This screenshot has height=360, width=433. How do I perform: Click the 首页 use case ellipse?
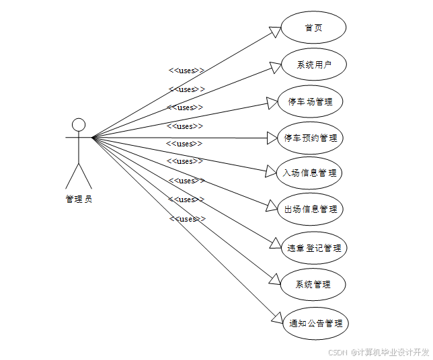pyautogui.click(x=313, y=28)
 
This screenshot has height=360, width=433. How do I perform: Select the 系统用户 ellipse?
pyautogui.click(x=313, y=65)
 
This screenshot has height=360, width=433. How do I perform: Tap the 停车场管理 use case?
pyautogui.click(x=310, y=102)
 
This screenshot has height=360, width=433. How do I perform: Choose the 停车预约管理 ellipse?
pyautogui.click(x=310, y=138)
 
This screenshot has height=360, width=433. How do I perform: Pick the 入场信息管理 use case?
pyautogui.click(x=310, y=173)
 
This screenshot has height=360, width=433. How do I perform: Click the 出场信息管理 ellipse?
pyautogui.click(x=310, y=209)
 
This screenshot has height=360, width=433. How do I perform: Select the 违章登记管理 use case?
pyautogui.click(x=313, y=248)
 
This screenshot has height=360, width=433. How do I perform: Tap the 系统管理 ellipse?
pyautogui.click(x=313, y=284)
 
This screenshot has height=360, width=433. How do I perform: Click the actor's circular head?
pyautogui.click(x=79, y=125)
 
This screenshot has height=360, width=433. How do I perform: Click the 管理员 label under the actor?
pyautogui.click(x=79, y=199)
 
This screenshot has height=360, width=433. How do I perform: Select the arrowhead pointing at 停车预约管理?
pyautogui.click(x=272, y=138)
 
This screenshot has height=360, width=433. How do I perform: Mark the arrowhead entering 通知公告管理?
pyautogui.click(x=276, y=319)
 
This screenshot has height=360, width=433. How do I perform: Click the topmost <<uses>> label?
pyautogui.click(x=186, y=70)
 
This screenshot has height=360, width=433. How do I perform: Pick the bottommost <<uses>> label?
pyautogui.click(x=187, y=219)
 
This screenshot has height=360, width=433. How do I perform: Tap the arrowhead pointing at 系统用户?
pyautogui.click(x=274, y=66)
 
